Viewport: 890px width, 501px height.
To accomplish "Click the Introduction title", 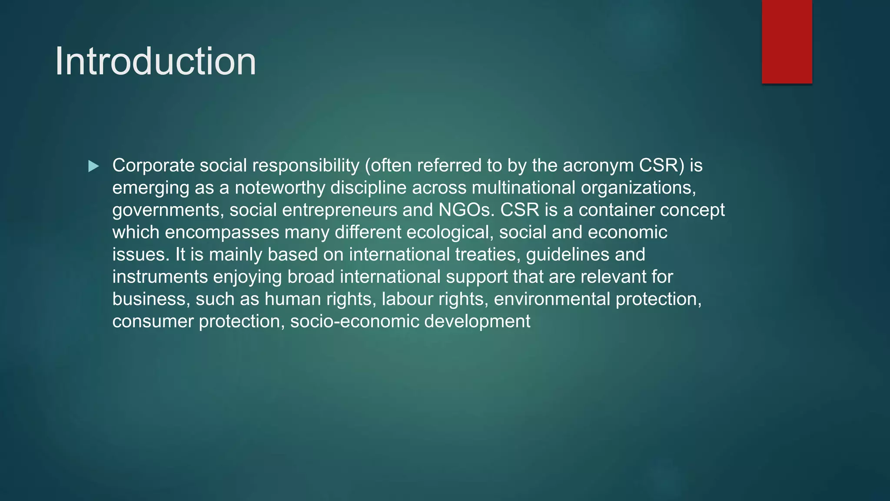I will [x=156, y=61].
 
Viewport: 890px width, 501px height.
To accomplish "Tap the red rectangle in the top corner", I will [x=787, y=41].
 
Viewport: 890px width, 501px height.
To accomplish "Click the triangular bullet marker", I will [x=93, y=166].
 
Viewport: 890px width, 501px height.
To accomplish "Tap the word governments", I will [x=168, y=210].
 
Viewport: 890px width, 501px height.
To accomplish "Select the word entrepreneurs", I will [x=339, y=210].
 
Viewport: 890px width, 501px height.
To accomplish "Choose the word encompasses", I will [x=222, y=232].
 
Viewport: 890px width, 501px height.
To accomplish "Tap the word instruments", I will [x=160, y=277].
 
